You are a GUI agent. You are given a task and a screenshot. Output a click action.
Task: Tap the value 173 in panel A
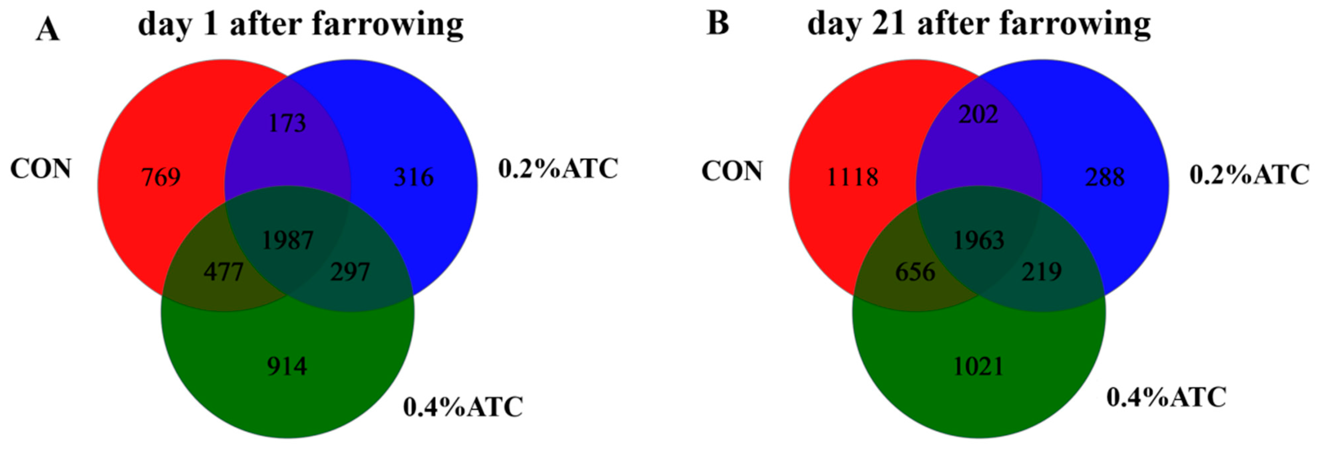287,123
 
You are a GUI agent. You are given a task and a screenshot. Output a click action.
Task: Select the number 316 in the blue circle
413,177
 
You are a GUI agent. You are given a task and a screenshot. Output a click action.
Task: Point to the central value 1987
287,240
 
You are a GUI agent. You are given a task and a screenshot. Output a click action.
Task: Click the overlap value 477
223,272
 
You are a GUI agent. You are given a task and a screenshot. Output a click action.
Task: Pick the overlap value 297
350,272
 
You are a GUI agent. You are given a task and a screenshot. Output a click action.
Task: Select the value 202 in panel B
978,114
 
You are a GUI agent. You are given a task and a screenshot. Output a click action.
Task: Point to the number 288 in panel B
1105,177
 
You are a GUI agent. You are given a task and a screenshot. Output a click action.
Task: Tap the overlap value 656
915,272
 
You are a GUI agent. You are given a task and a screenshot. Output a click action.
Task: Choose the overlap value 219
1042,272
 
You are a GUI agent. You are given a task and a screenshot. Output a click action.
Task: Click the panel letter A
48,30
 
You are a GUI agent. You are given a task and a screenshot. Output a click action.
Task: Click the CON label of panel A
41,169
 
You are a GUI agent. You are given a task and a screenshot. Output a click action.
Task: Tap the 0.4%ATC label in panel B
1166,397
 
